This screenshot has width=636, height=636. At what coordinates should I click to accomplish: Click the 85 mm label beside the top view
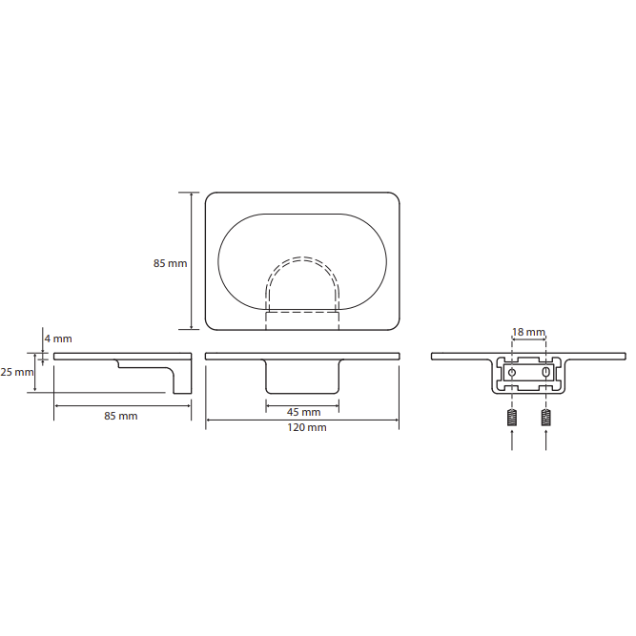coord(170,263)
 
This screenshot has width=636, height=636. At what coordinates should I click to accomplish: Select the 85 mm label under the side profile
coord(121,416)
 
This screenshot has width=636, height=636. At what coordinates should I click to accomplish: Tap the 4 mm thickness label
coord(58,339)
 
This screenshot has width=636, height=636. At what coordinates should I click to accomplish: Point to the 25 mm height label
coord(16,372)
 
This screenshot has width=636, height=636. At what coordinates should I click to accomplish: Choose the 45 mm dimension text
coord(304,412)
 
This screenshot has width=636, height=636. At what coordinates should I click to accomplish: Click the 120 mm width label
coord(307,427)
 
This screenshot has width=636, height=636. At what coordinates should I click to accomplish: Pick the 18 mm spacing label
coord(528,332)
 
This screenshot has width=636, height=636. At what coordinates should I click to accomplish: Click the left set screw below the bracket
coord(512,418)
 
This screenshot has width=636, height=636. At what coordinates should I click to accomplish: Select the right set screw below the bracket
coord(546,418)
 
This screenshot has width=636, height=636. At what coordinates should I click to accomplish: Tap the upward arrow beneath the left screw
coord(512,440)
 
